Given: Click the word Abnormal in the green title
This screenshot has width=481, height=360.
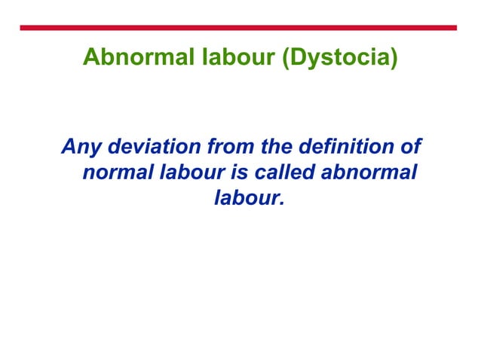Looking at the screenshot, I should click(129, 58).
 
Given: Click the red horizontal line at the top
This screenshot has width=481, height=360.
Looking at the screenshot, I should click(239, 28).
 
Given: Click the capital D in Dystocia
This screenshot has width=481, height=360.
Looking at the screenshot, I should click(297, 58).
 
